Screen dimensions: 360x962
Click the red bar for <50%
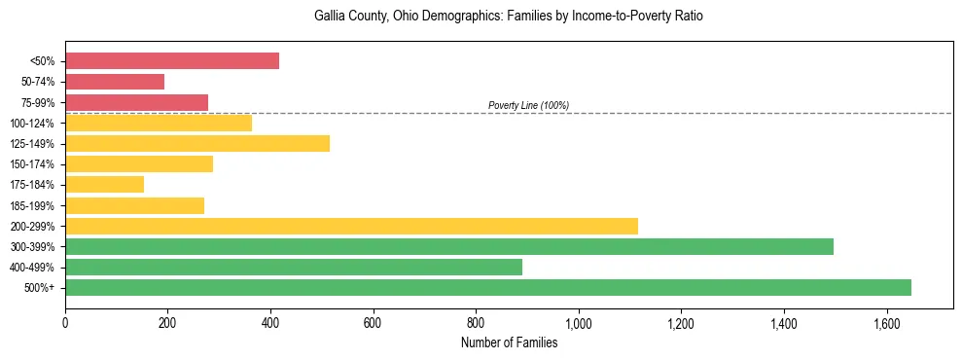172,61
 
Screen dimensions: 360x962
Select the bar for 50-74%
115,82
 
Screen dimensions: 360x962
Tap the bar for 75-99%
136,102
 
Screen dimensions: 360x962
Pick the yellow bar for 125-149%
197,143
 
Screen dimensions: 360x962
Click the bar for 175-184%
104,184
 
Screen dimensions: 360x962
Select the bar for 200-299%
351,226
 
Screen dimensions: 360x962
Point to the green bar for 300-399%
449,246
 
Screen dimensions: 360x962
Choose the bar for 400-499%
294,267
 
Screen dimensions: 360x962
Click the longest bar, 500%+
488,287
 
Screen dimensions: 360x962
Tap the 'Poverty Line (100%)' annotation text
528,105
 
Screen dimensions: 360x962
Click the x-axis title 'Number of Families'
509,342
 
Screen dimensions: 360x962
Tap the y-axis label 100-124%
33,124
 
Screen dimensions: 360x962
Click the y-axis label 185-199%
33,205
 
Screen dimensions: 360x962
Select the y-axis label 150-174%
33,164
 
